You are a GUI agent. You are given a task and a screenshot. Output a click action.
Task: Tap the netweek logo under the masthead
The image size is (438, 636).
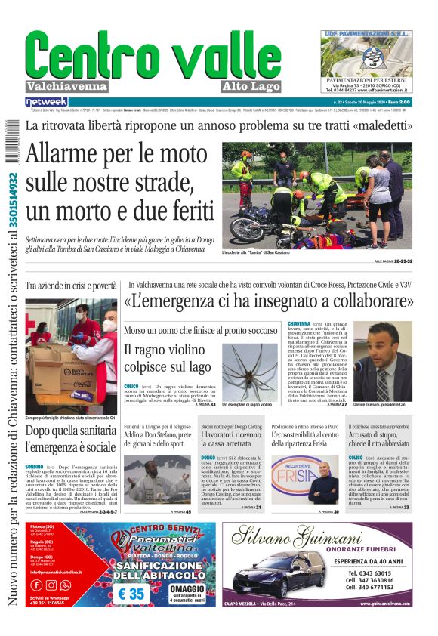46,102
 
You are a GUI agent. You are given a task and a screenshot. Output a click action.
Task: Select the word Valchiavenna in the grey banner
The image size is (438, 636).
67,85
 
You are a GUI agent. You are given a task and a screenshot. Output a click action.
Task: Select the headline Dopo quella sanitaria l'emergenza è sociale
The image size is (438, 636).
70,439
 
